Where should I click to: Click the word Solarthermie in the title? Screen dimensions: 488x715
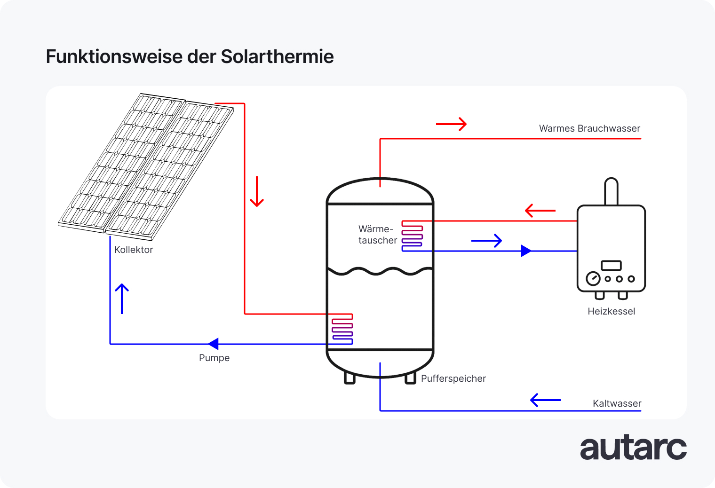pos(277,57)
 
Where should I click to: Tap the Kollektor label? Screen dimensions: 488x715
pos(134,250)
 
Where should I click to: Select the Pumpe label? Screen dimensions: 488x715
pos(214,358)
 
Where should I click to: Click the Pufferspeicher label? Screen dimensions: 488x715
pos(453,378)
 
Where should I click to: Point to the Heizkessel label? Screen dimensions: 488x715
pos(611,311)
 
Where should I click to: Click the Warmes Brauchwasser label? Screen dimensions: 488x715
pos(589,128)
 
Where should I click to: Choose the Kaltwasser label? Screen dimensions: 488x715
pos(617,403)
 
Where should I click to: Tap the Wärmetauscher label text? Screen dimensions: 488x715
pos(377,235)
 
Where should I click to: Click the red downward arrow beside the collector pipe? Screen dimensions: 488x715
pos(257,192)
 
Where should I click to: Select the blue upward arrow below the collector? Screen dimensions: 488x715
pos(122,299)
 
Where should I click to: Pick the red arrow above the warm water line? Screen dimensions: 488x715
pos(451,124)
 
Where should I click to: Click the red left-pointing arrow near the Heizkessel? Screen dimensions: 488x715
pos(540,211)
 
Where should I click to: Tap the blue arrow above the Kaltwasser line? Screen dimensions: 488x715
pos(545,400)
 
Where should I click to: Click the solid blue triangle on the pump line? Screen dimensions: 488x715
pos(214,344)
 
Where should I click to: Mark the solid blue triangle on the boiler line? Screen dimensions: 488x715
pos(526,251)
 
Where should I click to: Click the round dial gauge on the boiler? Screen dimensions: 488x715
pos(593,279)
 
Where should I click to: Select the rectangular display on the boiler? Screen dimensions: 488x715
pos(611,266)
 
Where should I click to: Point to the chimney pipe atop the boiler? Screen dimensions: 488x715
pos(611,191)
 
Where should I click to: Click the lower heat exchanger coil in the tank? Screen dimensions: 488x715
pos(342,329)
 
